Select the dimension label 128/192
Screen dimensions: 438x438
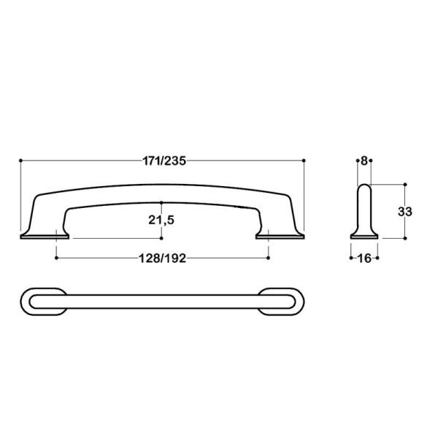(162, 258)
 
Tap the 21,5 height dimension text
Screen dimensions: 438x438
(162, 220)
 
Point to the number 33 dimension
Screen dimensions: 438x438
(406, 211)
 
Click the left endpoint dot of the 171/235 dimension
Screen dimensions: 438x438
(20, 160)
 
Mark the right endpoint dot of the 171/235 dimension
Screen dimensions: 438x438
(304, 160)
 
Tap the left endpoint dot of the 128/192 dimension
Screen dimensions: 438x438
(56, 257)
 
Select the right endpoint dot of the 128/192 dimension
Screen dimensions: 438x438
(269, 257)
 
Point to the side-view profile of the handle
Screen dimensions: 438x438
(364, 212)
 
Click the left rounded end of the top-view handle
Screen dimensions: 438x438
(36, 301)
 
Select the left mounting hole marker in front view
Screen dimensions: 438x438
(56, 234)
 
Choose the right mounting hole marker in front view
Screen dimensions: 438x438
(269, 234)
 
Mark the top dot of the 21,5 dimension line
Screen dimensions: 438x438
(162, 201)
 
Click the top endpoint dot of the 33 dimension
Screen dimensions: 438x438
(404, 184)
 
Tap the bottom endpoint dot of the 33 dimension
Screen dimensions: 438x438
(404, 238)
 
